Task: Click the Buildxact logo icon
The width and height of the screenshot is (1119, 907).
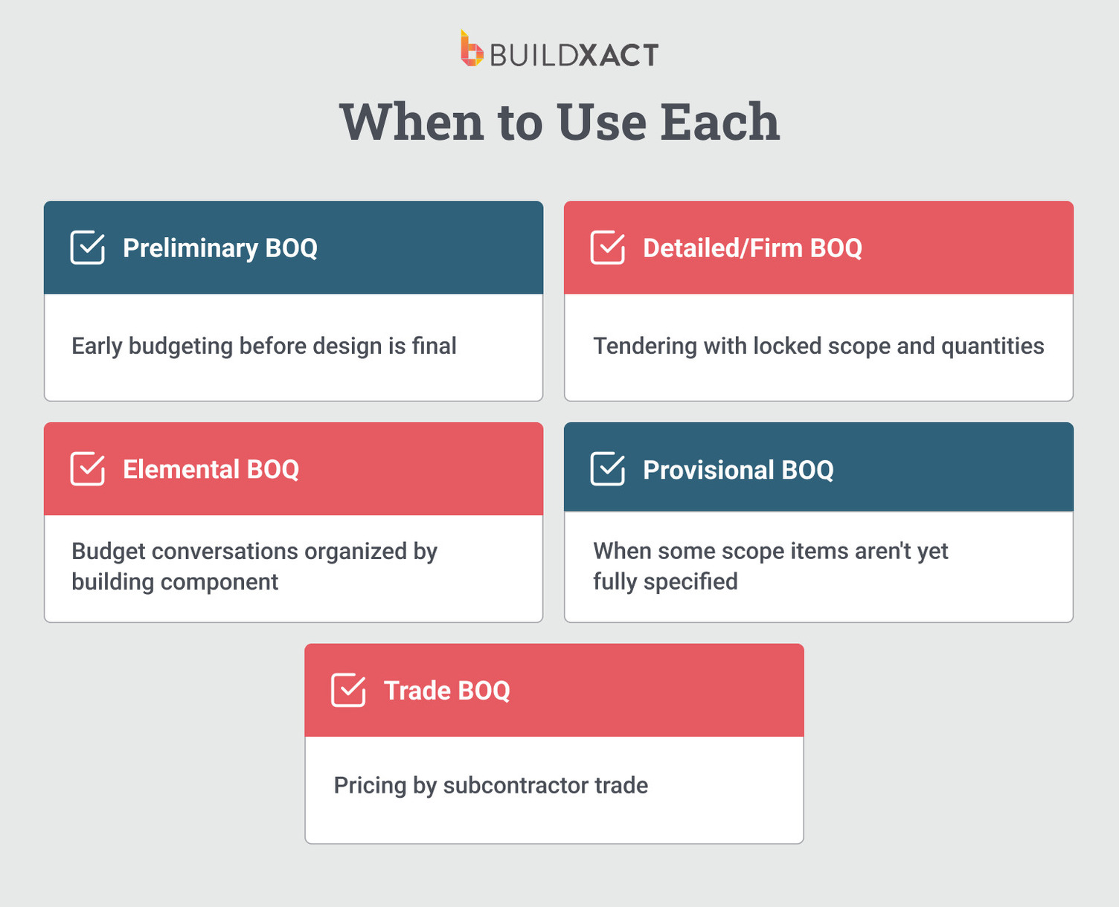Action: coord(471,50)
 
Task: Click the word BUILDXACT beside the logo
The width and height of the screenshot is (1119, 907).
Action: coord(574,55)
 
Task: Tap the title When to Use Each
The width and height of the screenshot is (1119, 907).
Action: coord(559,122)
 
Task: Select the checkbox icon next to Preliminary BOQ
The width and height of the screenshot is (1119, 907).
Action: coord(88,248)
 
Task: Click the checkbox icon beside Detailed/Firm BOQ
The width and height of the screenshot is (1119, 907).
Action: coord(608,248)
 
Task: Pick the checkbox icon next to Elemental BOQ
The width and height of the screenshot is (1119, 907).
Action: coord(88,469)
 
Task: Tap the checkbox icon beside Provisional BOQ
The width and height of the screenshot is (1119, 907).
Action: coord(608,469)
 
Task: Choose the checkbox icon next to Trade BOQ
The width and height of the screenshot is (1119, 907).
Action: coord(348,690)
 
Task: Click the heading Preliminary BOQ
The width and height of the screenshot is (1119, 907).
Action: coord(220,248)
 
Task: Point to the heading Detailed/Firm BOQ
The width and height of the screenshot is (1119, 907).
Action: coord(752,248)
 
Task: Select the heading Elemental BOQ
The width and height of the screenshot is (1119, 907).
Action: coord(211,470)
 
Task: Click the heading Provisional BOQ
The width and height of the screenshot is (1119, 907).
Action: coord(738,470)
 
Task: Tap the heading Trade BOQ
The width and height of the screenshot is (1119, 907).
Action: coord(446,691)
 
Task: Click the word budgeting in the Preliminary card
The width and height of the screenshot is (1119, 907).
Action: coord(181,346)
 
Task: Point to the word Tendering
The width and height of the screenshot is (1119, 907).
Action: coord(644,346)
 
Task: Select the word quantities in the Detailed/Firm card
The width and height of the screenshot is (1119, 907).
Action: coord(993,346)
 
